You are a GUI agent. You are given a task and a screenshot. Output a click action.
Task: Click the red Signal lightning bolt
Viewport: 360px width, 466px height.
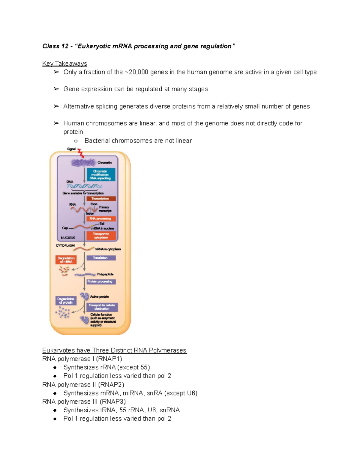[80, 153]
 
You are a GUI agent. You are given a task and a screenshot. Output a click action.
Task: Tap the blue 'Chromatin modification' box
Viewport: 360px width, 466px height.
[100, 175]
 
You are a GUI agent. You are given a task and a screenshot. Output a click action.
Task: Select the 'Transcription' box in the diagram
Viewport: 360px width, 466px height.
[101, 199]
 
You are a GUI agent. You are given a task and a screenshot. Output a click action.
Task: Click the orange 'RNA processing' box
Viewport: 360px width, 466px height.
[101, 219]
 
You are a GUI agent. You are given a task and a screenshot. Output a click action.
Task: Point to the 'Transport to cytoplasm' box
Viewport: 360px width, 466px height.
[101, 236]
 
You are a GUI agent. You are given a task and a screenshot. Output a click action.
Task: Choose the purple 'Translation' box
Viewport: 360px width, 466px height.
[101, 258]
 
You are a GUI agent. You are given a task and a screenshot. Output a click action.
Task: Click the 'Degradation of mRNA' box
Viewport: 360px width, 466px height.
[66, 260]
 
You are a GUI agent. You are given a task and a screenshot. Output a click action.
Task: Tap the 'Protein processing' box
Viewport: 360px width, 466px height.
[101, 281]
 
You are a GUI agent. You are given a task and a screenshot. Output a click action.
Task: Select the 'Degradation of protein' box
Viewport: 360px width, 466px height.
[66, 301]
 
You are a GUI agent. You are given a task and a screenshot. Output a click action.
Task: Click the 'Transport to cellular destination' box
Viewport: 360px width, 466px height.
[102, 307]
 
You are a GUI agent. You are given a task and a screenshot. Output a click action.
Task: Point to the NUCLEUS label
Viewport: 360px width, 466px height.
[68, 238]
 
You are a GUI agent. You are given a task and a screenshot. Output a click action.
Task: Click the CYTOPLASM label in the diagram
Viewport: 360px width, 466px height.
[65, 245]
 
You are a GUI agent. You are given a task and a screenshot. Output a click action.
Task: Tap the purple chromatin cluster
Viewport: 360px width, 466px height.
[83, 163]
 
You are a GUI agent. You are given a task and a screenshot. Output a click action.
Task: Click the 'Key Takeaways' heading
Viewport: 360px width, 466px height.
[64, 64]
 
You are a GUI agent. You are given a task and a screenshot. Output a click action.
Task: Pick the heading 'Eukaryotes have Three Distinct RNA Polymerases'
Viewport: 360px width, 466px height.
[114, 350]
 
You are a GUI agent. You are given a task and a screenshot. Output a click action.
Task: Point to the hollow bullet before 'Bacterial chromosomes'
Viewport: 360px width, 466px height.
[76, 141]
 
